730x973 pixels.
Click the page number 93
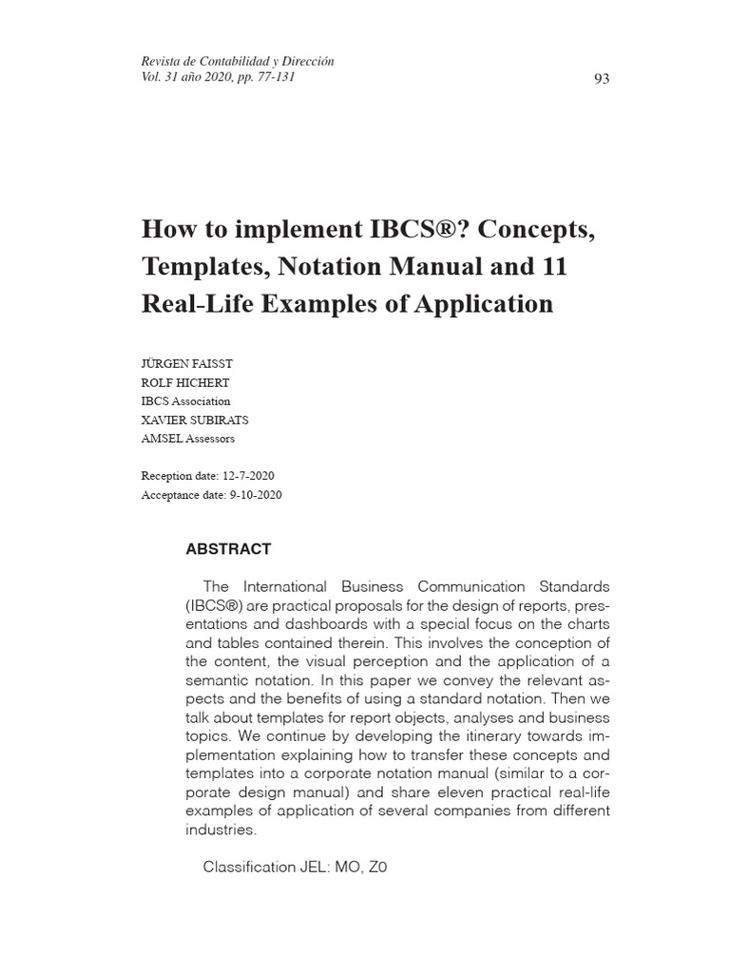point(601,79)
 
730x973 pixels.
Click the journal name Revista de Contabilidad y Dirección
point(238,62)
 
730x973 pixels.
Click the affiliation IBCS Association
point(185,401)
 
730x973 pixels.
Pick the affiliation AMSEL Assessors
point(187,439)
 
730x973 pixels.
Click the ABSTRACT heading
point(228,549)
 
